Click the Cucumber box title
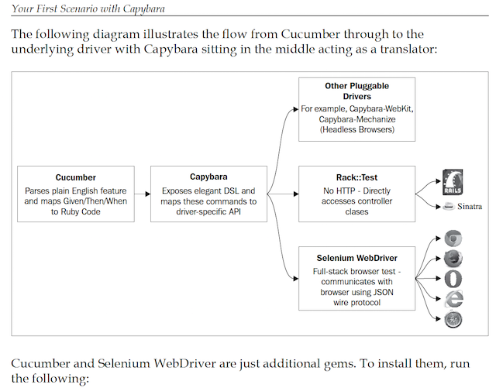[x=76, y=177]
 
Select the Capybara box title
[x=208, y=177]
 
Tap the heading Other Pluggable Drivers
[x=357, y=91]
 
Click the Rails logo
[x=453, y=184]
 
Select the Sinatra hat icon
[x=447, y=208]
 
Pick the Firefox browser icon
[x=453, y=259]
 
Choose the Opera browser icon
[x=453, y=279]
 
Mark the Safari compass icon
[x=453, y=318]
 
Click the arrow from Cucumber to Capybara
[x=143, y=194]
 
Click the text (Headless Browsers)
[x=357, y=130]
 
